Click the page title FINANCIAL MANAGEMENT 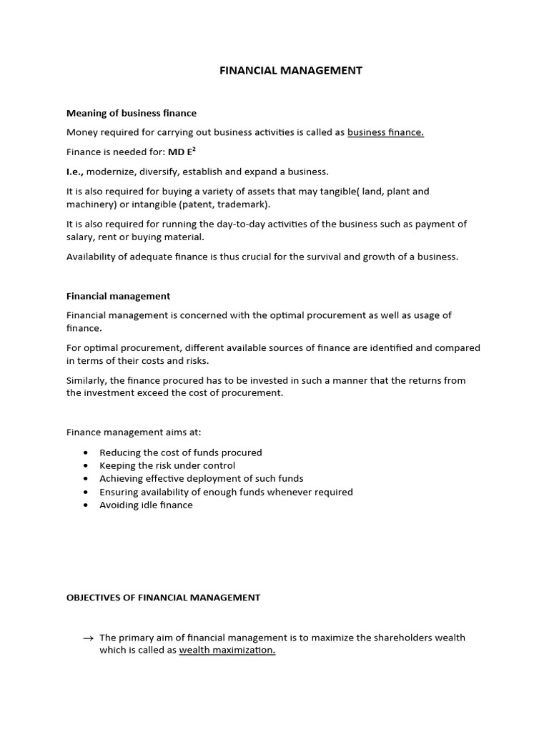pos(290,70)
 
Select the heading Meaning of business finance pos(132,113)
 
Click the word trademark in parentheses pos(245,204)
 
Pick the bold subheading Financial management pos(118,295)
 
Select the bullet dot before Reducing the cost pos(86,453)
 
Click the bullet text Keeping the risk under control pos(167,465)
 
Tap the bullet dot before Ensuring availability pos(86,493)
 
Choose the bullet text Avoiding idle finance pos(146,505)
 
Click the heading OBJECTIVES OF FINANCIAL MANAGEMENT pos(163,598)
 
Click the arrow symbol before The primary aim pos(88,638)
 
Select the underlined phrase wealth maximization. pos(227,651)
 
